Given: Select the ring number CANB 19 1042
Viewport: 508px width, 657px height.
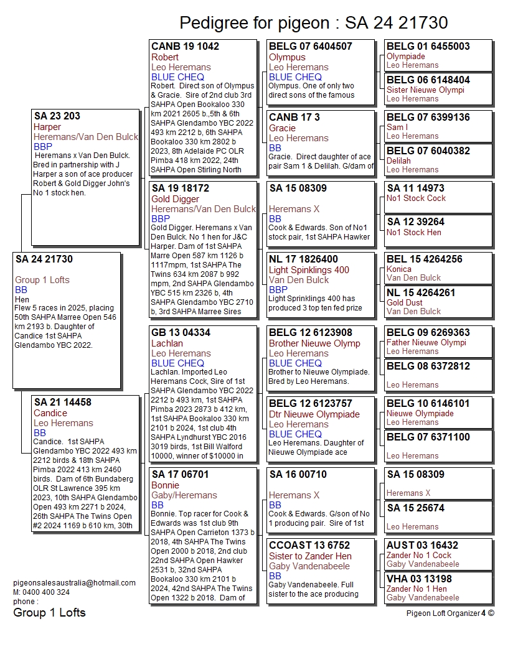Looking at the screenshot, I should (x=185, y=47).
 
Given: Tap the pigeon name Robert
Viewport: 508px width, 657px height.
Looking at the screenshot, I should (x=165, y=57).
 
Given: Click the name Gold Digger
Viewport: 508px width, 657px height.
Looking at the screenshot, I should (x=176, y=199).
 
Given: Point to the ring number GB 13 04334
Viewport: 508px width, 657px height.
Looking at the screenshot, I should (x=181, y=333).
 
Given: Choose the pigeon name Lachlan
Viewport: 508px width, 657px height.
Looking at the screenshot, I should (x=167, y=343).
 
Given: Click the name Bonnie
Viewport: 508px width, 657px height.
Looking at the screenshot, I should (x=166, y=485).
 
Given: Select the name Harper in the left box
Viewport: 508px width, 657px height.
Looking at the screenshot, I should (x=47, y=127).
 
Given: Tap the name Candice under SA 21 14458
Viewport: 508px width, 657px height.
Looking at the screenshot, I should (x=50, y=413).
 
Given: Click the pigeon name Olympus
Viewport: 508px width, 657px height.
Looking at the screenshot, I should (x=287, y=57).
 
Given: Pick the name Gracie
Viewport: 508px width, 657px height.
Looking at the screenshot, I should (x=282, y=128).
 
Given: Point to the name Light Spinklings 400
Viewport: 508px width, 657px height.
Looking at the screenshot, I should (x=309, y=270).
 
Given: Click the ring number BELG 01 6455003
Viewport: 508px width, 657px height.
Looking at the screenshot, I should (x=428, y=47).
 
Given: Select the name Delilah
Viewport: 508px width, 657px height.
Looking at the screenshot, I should (x=398, y=161).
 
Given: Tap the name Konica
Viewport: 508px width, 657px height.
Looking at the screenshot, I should (x=399, y=269).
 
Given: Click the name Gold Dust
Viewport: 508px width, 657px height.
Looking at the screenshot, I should (x=404, y=302).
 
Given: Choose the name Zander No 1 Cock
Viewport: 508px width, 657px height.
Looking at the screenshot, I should (x=419, y=555).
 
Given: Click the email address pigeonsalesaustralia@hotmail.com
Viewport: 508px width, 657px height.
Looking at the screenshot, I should (x=74, y=583).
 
